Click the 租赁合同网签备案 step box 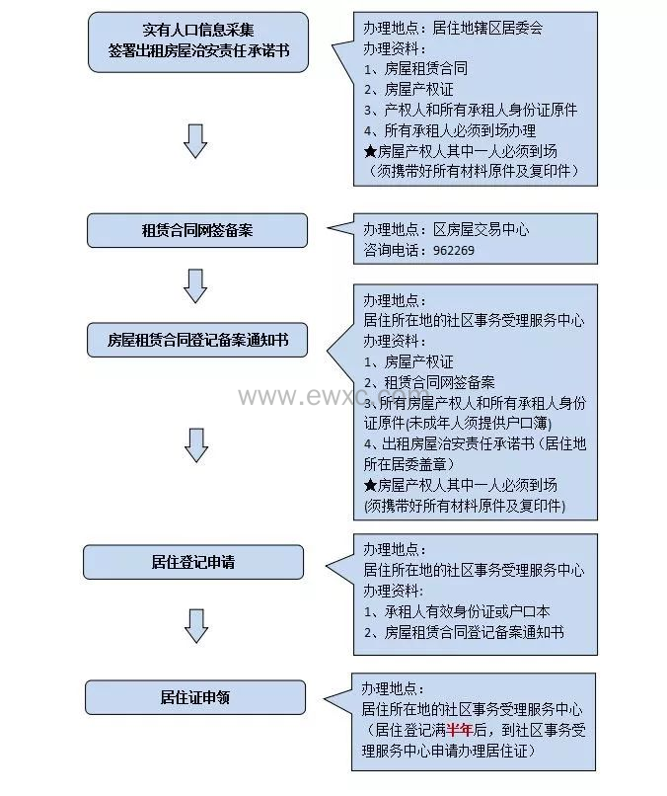[x=197, y=230]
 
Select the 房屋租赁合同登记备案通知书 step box [x=197, y=341]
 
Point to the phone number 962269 [x=454, y=251]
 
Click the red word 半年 [x=459, y=731]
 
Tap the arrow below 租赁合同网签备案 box [x=195, y=285]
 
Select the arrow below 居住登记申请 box [x=196, y=625]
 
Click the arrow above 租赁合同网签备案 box [x=195, y=140]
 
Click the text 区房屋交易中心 [x=482, y=229]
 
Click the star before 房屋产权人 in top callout [x=370, y=151]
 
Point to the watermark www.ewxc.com [x=340, y=397]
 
